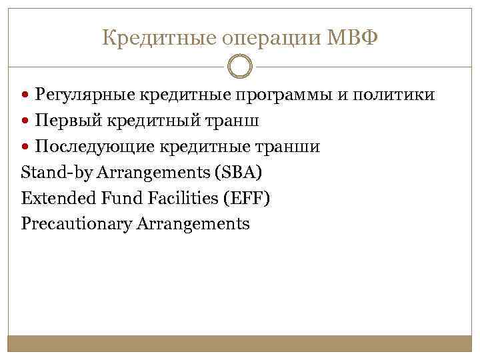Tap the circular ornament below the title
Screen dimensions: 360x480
point(240,67)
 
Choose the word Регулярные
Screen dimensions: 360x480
point(85,95)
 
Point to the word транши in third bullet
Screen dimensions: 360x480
point(289,147)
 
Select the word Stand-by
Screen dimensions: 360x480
point(57,172)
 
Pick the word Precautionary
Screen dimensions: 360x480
point(77,224)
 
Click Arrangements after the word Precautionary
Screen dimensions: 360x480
point(193,224)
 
